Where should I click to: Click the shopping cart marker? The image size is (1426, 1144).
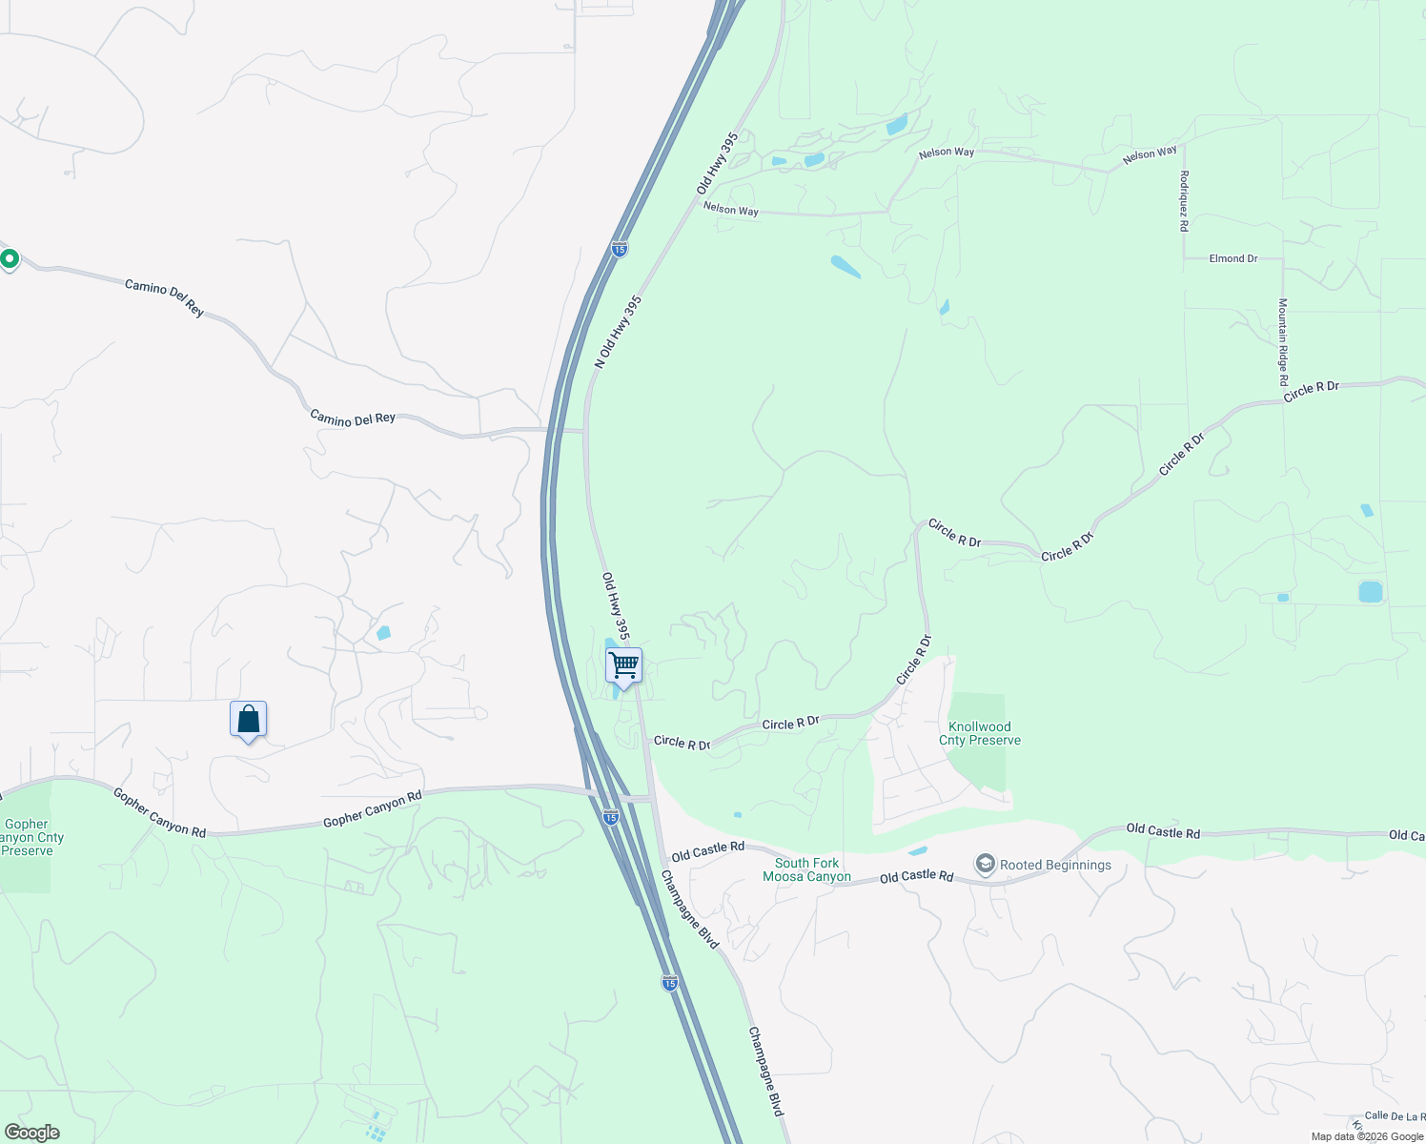623,665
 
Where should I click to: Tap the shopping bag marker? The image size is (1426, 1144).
248,720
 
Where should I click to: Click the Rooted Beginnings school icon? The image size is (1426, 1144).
986,865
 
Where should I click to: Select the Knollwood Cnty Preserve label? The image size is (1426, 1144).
980,733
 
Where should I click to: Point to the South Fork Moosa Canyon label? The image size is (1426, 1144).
806,869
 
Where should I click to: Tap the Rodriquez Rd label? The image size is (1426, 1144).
1184,200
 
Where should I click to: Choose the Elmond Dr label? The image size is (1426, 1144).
1233,258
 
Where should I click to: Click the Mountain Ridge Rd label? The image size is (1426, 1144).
1283,341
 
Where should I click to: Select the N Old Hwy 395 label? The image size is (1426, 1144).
619,331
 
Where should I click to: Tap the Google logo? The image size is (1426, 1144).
31,1133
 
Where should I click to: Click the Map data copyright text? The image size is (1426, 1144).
1367,1136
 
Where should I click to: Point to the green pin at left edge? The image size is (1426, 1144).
10,258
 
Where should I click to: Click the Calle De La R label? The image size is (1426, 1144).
1395,1115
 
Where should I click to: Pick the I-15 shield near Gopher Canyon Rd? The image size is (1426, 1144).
611,816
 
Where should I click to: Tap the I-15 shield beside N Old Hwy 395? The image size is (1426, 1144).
620,249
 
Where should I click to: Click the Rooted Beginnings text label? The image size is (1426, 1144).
1055,866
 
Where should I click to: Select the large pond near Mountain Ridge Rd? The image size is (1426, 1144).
1370,592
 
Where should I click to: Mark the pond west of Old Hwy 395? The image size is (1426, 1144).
383,632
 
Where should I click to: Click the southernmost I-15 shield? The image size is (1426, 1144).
670,983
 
